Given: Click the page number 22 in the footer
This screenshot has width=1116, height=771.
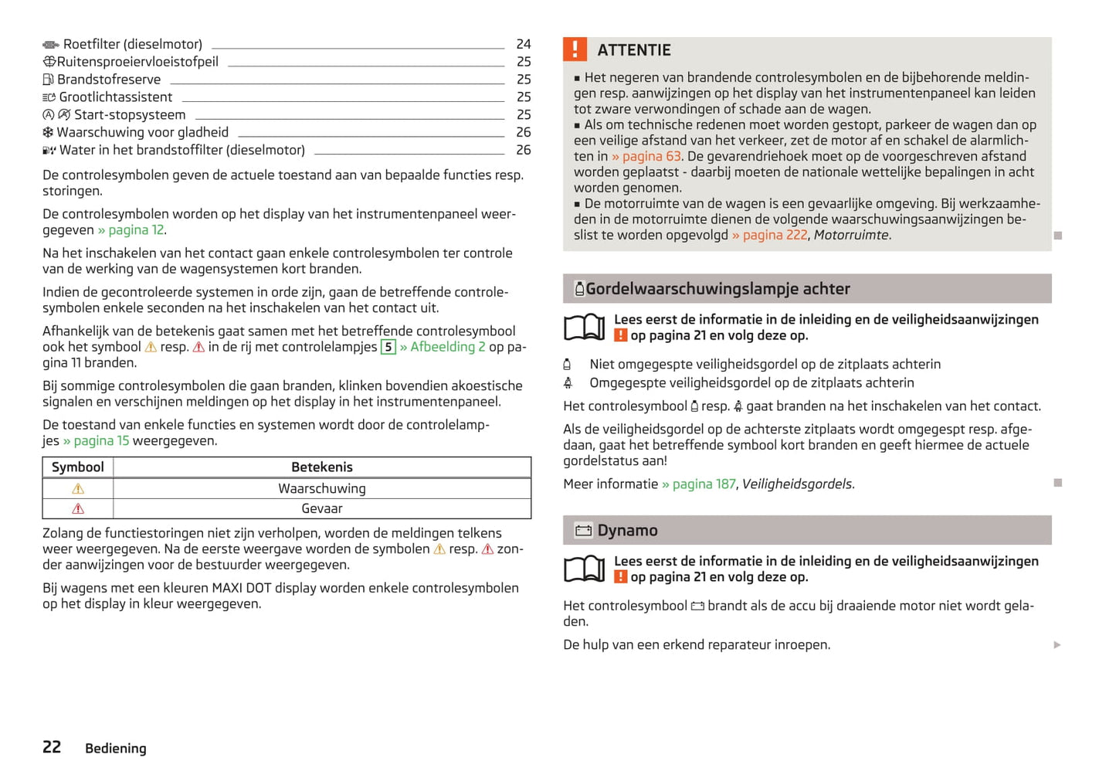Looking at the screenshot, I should point(52,747).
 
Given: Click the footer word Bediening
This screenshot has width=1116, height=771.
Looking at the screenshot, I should point(116,749).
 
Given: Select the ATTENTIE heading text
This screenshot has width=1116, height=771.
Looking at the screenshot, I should point(633,50).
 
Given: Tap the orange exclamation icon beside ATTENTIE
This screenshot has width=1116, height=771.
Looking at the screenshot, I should point(575,49).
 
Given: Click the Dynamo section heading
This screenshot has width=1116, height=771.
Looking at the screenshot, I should point(627,531).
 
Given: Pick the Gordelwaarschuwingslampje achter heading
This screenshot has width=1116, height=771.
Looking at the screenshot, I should point(717,289).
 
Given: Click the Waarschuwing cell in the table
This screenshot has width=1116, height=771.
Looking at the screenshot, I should point(322,489).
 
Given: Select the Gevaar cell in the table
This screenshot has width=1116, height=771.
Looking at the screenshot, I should point(322,509).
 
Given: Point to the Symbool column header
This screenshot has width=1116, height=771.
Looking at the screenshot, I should point(77,467).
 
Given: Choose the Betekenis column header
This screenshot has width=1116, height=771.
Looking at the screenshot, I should point(322,467).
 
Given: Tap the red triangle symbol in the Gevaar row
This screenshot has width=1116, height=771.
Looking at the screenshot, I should point(78,509).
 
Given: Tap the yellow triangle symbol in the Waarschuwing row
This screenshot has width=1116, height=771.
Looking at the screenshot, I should point(78,489).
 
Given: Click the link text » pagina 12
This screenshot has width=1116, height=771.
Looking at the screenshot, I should point(131,230).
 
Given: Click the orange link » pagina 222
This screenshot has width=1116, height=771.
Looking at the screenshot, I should point(769,235).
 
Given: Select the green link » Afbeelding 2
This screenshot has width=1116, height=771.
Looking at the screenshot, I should point(443,347).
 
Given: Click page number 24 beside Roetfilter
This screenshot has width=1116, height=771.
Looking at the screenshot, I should point(524,44).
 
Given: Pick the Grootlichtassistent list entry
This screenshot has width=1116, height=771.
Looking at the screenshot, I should point(115,97).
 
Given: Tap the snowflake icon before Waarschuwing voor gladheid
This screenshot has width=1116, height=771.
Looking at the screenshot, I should point(48,133).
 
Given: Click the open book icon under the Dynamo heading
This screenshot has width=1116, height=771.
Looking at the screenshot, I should point(585,569).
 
